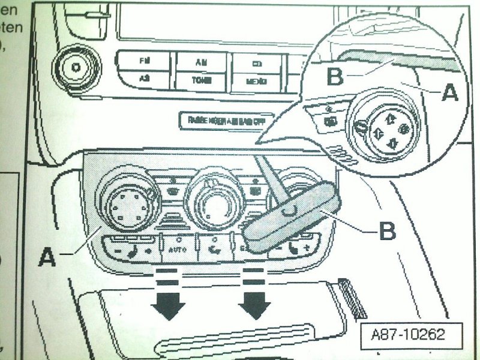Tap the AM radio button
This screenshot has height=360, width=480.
point(200,62)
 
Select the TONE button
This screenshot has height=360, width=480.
point(200,80)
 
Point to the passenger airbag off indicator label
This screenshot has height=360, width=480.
point(226,120)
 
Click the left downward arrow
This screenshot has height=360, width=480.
point(167,300)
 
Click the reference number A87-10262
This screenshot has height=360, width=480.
point(407,334)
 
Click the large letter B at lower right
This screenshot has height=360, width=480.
point(388,231)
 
